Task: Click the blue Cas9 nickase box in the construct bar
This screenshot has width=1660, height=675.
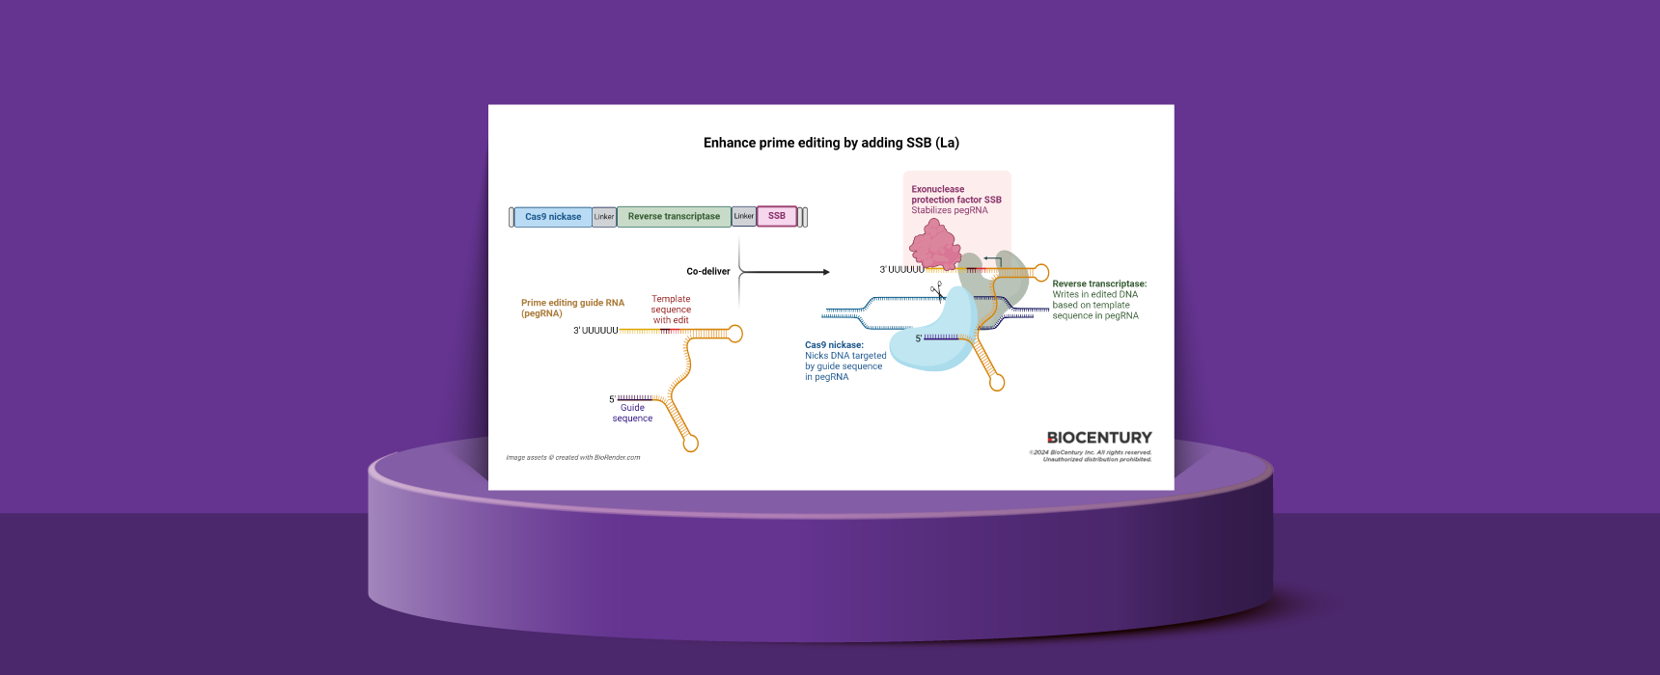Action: point(553,217)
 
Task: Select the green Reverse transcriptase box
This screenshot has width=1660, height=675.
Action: point(674,217)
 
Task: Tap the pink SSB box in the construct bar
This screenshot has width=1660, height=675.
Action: point(777,216)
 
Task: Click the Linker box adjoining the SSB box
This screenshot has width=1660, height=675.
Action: point(743,216)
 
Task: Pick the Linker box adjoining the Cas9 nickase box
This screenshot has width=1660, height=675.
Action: point(604,217)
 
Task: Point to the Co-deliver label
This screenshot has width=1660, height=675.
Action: point(707,272)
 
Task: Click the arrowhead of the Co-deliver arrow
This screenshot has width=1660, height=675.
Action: point(826,272)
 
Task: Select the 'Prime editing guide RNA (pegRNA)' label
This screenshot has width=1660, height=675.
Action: point(572,308)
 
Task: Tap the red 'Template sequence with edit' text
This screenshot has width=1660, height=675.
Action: point(671,310)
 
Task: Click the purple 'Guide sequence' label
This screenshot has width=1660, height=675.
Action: point(632,413)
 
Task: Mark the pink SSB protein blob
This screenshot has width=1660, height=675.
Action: point(934,244)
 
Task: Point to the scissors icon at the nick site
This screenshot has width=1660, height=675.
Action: point(936,290)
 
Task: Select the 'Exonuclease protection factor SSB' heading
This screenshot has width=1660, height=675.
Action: point(955,195)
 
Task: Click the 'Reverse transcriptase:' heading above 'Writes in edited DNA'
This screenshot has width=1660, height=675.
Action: point(1099,283)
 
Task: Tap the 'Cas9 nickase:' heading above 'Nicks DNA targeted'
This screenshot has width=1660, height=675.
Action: point(834,344)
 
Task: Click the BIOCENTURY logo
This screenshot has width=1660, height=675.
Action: point(1099,438)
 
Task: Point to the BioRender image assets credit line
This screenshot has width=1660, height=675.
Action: point(572,457)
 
